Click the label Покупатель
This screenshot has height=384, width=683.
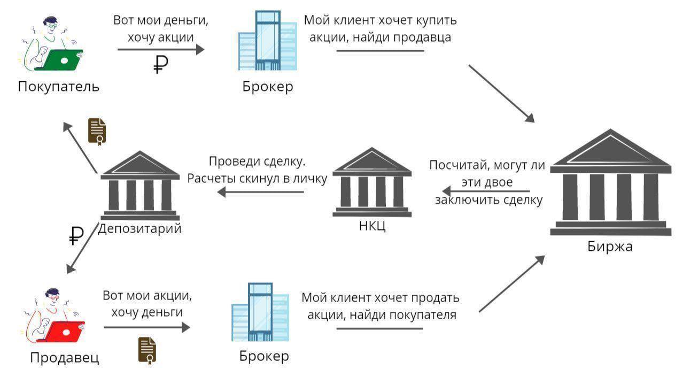tap(58, 86)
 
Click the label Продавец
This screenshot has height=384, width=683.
tap(64, 358)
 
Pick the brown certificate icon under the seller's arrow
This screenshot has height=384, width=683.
tap(147, 350)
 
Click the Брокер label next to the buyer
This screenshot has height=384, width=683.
tap(267, 87)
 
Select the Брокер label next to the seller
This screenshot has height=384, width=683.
tap(263, 356)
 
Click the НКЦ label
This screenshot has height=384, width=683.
tap(372, 226)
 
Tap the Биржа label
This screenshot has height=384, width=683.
tap(609, 247)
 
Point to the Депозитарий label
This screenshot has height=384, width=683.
tap(140, 229)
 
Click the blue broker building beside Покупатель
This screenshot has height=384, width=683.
tap(267, 41)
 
